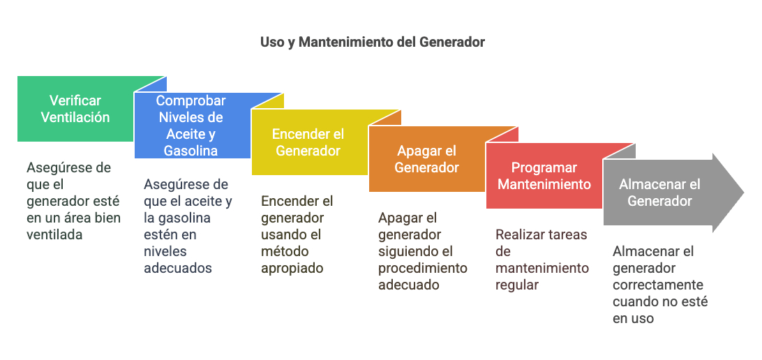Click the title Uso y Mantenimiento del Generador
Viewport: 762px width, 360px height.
pyautogui.click(x=372, y=43)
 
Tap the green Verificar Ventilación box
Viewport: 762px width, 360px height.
pyautogui.click(x=75, y=109)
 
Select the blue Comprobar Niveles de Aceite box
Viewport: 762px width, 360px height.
pyautogui.click(x=192, y=126)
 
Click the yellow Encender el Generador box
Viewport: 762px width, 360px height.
pyautogui.click(x=309, y=142)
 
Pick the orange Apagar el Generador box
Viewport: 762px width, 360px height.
pyautogui.click(x=426, y=159)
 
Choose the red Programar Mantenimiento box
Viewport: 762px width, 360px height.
pyautogui.click(x=544, y=175)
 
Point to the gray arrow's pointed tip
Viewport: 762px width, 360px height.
pyautogui.click(x=744, y=193)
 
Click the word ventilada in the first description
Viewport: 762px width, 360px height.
pyautogui.click(x=54, y=234)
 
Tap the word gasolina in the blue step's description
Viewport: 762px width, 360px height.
pyautogui.click(x=183, y=218)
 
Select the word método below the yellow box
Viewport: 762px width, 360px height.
pyautogui.click(x=285, y=251)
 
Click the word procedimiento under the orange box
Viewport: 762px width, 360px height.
pyautogui.click(x=423, y=268)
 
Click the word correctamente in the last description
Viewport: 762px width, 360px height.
pyautogui.click(x=658, y=285)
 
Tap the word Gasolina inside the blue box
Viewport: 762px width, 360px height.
pyautogui.click(x=190, y=151)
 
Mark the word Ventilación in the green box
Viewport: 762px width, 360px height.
pyautogui.click(x=75, y=117)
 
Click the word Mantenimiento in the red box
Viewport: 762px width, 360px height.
pyautogui.click(x=544, y=184)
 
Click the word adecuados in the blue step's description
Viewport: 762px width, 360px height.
pyautogui.click(x=178, y=268)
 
